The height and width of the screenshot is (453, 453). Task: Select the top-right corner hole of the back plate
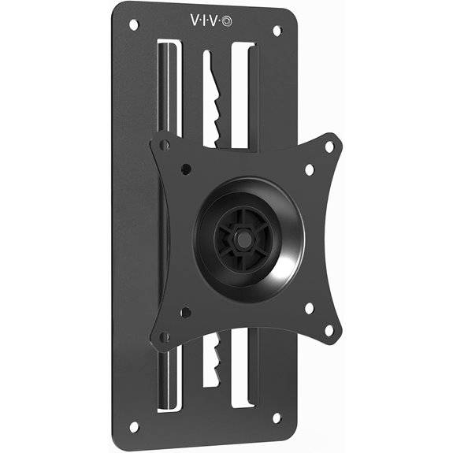[277, 31]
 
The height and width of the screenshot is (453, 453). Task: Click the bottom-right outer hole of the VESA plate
[330, 330]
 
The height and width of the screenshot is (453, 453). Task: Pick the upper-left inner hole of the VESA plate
[186, 168]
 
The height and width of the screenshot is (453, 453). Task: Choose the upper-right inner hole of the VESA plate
[308, 169]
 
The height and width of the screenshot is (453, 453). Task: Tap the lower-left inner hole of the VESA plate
[186, 313]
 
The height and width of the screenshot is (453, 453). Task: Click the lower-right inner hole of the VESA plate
[308, 308]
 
